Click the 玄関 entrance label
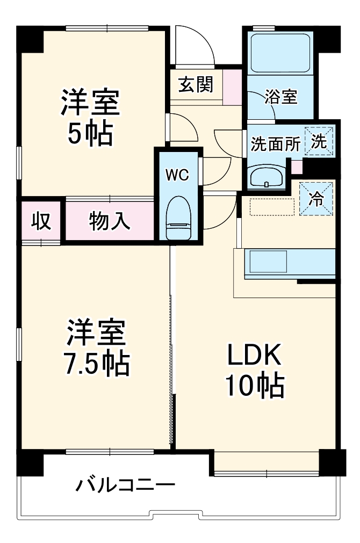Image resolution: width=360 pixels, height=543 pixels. [196, 84]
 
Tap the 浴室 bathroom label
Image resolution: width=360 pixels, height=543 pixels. [280, 97]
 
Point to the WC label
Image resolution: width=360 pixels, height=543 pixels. [177, 175]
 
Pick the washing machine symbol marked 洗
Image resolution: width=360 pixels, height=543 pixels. [320, 141]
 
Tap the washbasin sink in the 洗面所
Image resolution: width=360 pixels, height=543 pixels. [267, 175]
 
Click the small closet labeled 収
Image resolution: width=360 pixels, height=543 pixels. [41, 221]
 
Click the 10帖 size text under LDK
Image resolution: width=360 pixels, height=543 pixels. [254, 385]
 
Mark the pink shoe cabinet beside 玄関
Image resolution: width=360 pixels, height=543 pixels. [233, 84]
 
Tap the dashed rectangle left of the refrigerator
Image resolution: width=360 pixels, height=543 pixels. [272, 206]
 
